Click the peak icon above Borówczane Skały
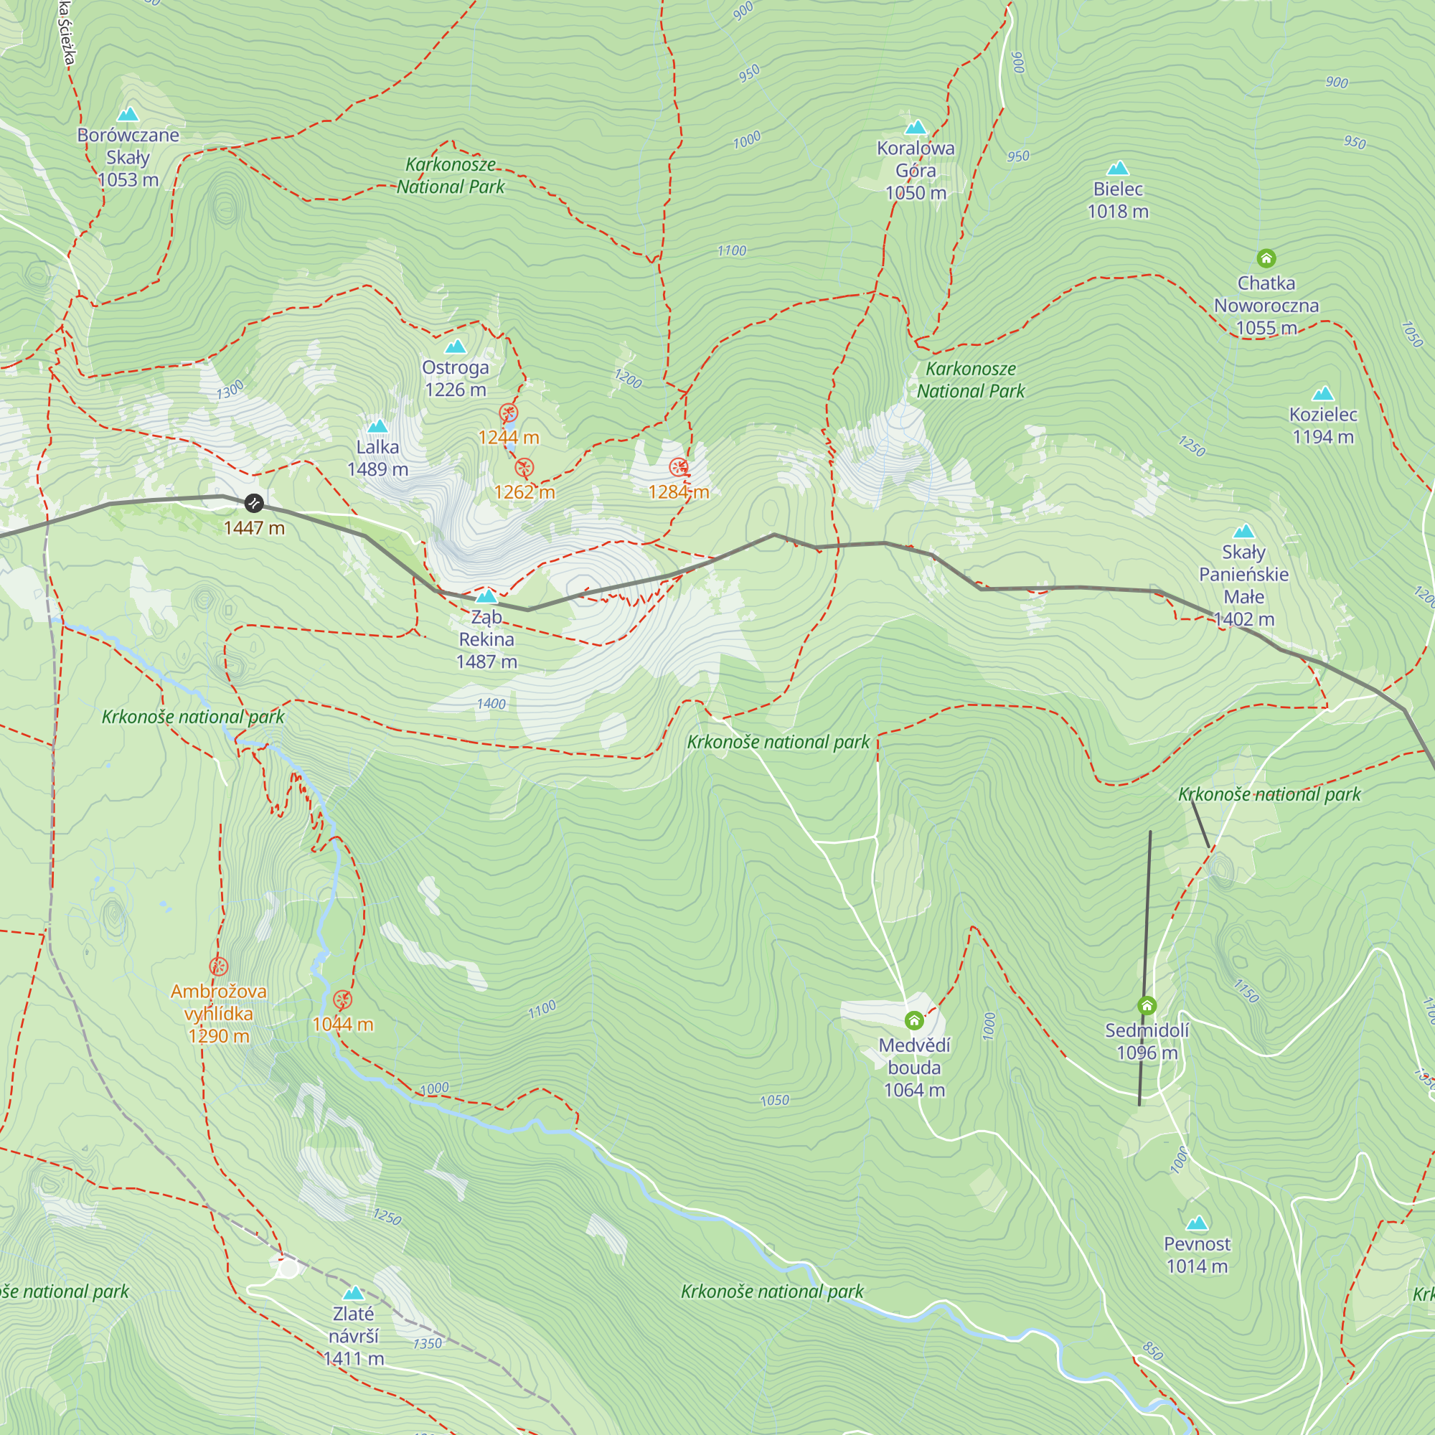pos(128,114)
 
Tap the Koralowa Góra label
pos(915,170)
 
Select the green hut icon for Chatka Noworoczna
pos(1266,258)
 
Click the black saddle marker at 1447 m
pos(254,503)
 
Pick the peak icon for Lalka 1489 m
pos(378,426)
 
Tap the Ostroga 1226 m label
pos(456,378)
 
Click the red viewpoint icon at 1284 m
pos(678,466)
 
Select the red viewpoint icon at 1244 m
pos(508,413)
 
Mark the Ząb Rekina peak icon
pos(486,596)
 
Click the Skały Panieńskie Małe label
pos(1243,585)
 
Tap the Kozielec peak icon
pos(1323,394)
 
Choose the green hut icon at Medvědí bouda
pos(914,1020)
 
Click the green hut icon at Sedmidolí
pos(1147,1006)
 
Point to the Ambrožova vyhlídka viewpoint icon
pos(218,966)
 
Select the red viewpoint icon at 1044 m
pos(342,999)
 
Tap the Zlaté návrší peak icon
pos(354,1293)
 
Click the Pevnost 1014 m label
pos(1197,1254)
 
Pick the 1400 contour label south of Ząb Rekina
pos(491,703)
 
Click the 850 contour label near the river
pos(1152,1350)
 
